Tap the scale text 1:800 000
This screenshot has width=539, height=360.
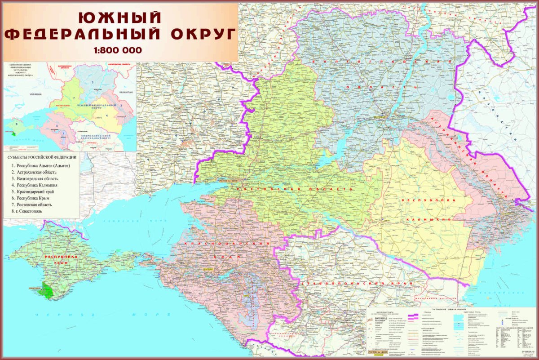[118, 50]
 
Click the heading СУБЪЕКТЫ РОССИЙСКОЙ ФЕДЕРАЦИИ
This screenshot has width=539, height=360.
[42, 157]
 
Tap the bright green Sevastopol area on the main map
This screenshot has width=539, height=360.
[47, 291]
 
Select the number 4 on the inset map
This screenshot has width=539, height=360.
[108, 115]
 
